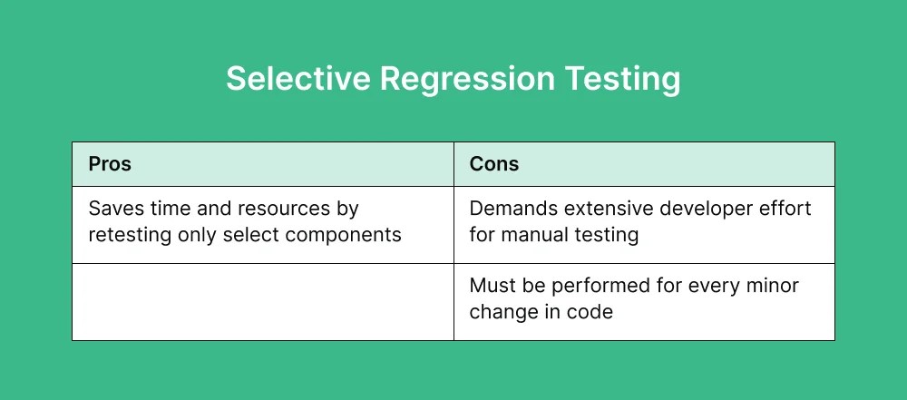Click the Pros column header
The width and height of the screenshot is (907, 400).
point(110,164)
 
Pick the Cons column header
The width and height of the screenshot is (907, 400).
point(494,164)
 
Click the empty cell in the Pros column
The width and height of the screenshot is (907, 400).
point(262,301)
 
